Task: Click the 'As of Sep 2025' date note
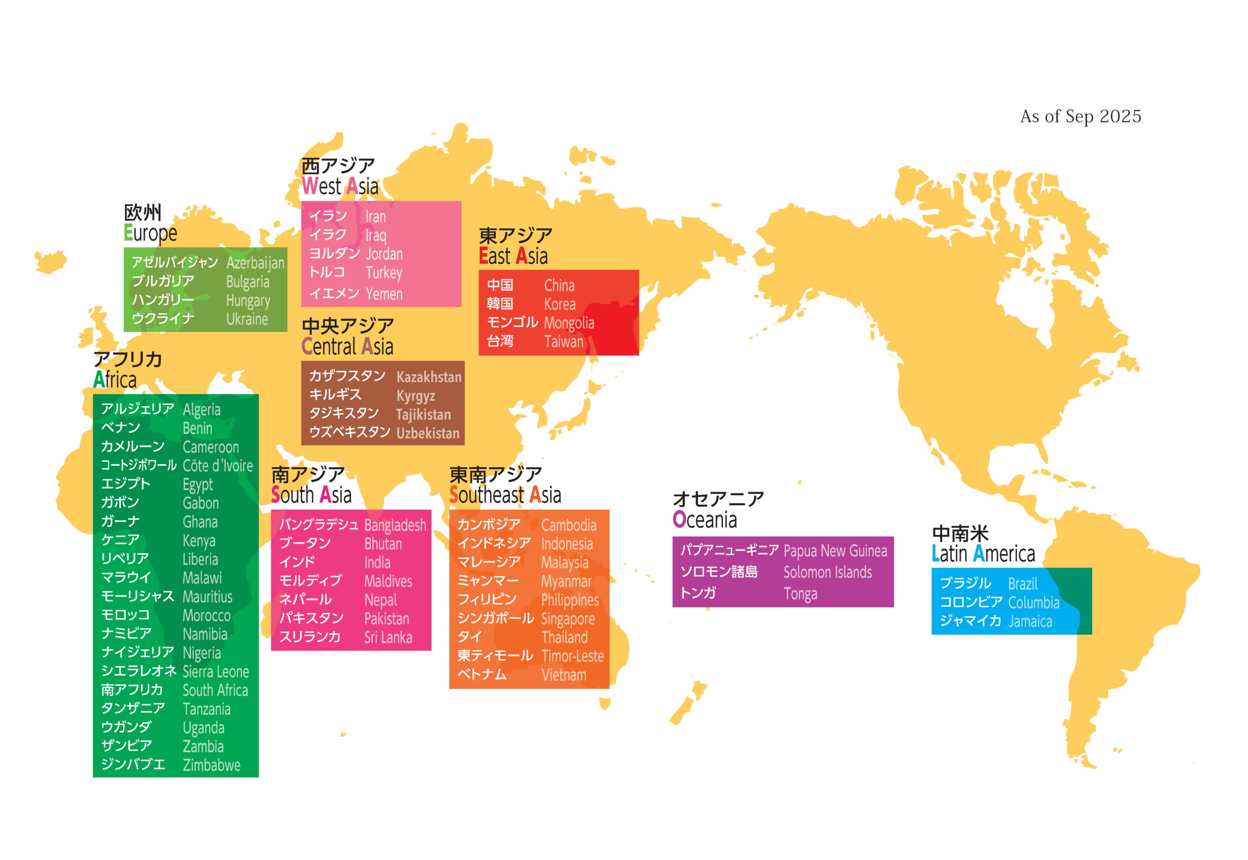[x=1080, y=116]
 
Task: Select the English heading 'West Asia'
[x=340, y=187]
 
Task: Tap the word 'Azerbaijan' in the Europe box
[x=255, y=263]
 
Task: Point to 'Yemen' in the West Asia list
[x=384, y=294]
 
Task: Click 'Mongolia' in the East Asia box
[x=569, y=324]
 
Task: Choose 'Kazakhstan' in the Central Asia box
[x=429, y=377]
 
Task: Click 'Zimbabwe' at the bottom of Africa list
[x=211, y=765]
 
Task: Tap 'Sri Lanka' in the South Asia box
[x=388, y=638]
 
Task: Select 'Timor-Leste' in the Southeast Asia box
[x=572, y=656]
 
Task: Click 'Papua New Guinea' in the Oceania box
[x=835, y=551]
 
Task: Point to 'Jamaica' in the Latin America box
[x=1030, y=622]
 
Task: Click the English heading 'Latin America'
[x=983, y=554]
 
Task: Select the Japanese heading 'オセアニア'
[x=718, y=499]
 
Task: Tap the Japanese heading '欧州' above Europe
[x=143, y=213]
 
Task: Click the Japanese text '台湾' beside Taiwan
[x=500, y=341]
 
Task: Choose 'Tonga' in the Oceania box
[x=800, y=594]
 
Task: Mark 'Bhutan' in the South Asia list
[x=383, y=544]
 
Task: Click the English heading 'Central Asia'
[x=347, y=346]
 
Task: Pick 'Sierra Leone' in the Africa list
[x=215, y=672]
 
